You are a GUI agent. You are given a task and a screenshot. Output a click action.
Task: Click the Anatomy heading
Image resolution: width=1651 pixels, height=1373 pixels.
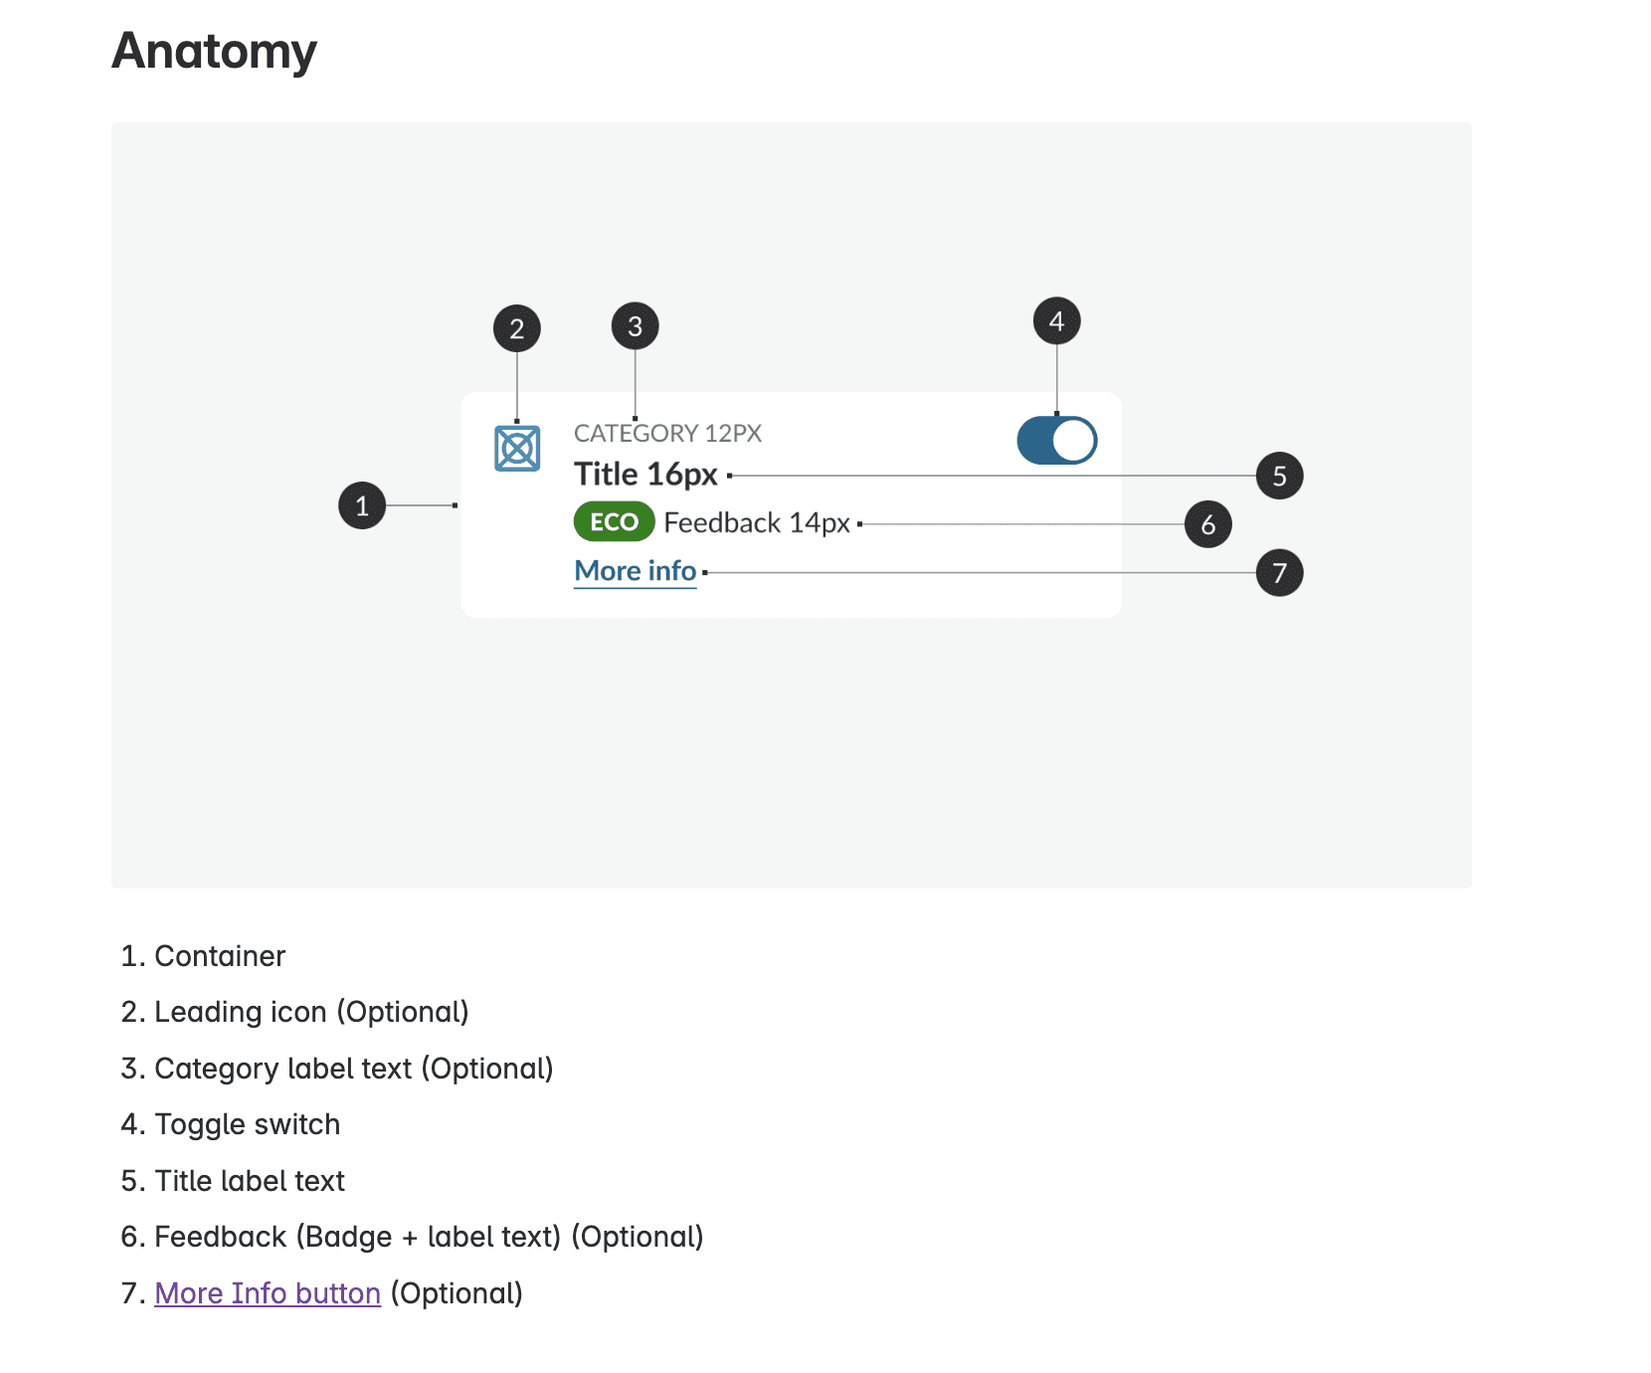click(x=214, y=51)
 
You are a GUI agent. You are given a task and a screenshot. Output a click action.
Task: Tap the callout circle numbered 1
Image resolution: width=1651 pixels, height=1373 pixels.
click(x=362, y=505)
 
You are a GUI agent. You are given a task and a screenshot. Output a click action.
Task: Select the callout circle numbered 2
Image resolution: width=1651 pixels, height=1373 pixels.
click(x=517, y=328)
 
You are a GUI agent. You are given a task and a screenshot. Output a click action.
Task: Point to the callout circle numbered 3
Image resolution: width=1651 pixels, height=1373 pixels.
click(x=636, y=326)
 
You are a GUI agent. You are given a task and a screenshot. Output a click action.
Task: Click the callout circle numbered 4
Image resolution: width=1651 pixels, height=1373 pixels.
click(x=1056, y=321)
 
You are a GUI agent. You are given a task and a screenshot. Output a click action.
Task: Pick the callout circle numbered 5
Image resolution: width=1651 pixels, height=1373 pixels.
click(x=1279, y=476)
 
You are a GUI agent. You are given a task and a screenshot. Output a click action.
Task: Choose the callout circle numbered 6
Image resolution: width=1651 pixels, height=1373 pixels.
click(x=1207, y=524)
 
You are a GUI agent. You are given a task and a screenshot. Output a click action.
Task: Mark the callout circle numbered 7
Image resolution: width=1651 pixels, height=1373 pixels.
click(x=1279, y=573)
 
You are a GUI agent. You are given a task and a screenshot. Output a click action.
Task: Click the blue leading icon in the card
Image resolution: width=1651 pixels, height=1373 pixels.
click(x=517, y=448)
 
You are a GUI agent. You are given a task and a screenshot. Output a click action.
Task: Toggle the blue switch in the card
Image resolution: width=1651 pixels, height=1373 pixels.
click(x=1056, y=441)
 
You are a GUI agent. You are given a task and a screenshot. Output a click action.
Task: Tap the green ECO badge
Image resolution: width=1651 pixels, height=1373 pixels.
click(x=614, y=522)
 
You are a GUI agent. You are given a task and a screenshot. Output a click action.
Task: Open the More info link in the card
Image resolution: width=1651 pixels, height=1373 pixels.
click(x=635, y=571)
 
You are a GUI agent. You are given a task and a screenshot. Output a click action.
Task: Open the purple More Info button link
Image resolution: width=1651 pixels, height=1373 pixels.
click(x=268, y=1293)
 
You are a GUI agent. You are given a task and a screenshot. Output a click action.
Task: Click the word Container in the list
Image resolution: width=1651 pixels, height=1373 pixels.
click(x=220, y=956)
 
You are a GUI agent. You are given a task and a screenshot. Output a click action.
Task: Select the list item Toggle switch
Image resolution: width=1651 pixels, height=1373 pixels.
click(x=248, y=1124)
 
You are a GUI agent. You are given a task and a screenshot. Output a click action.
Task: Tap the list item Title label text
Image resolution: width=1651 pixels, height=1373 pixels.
click(x=250, y=1181)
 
